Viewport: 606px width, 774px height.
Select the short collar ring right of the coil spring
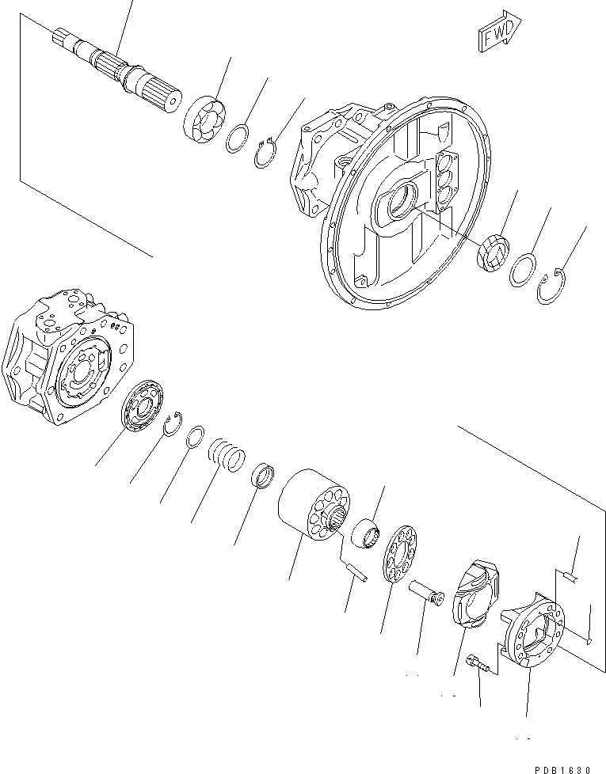(264, 477)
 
